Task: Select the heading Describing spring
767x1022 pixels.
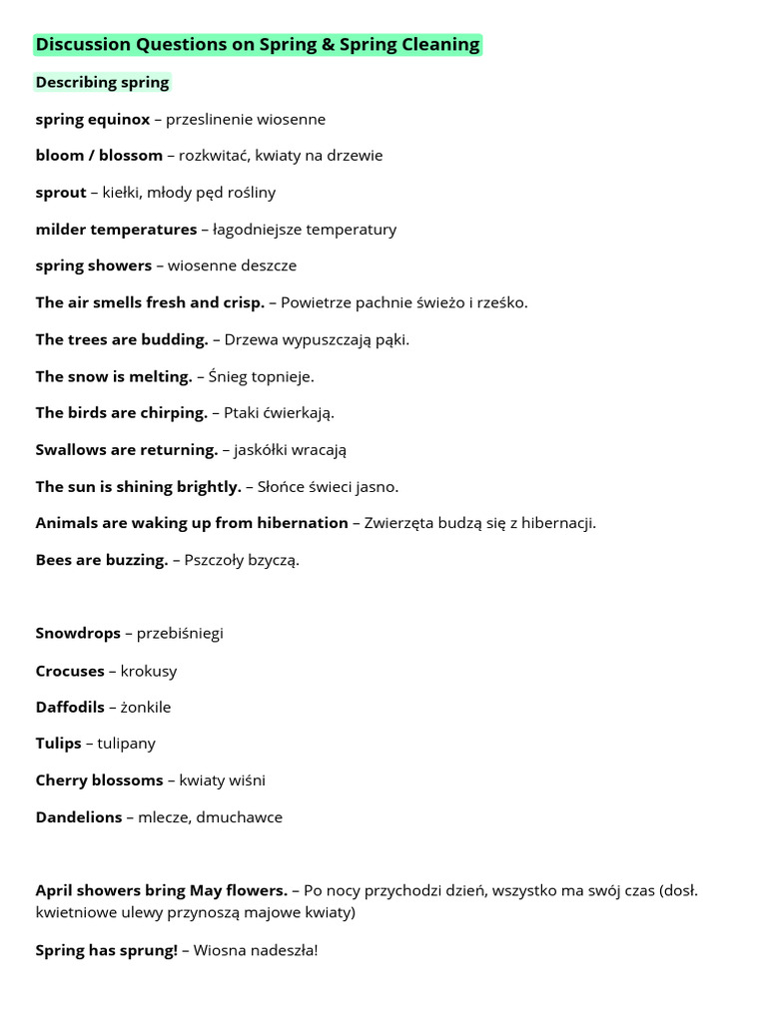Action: coord(102,82)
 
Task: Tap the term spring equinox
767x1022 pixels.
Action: coord(92,119)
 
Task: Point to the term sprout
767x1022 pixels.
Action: coord(61,192)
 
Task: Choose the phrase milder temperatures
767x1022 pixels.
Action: coord(116,229)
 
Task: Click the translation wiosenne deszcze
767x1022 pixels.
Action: coord(232,265)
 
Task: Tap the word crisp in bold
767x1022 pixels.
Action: coord(243,302)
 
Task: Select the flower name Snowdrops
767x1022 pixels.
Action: coord(78,633)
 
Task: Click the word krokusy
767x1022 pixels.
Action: coord(149,671)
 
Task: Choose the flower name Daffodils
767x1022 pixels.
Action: coord(70,707)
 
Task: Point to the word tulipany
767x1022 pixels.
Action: coord(127,744)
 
